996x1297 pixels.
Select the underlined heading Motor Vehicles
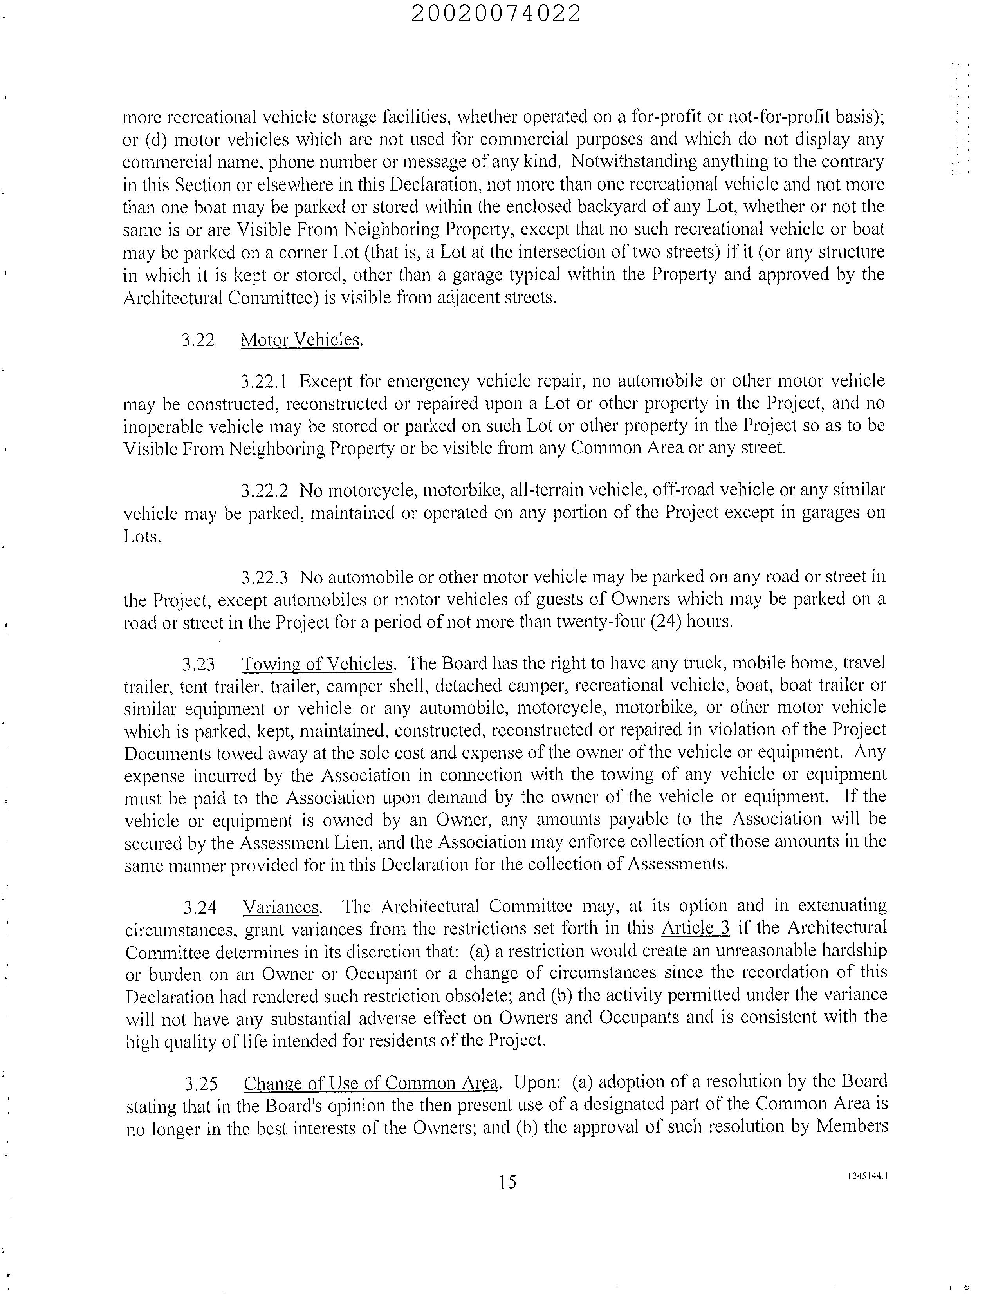pyautogui.click(x=300, y=340)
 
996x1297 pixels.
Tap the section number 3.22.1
pyautogui.click(x=264, y=381)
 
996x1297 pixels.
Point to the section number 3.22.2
pyautogui.click(x=264, y=490)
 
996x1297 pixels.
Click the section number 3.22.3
pyautogui.click(x=264, y=576)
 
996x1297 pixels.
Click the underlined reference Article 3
pyautogui.click(x=695, y=928)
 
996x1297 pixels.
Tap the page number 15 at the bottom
pyautogui.click(x=507, y=1182)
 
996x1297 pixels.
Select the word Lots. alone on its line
pyautogui.click(x=142, y=537)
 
